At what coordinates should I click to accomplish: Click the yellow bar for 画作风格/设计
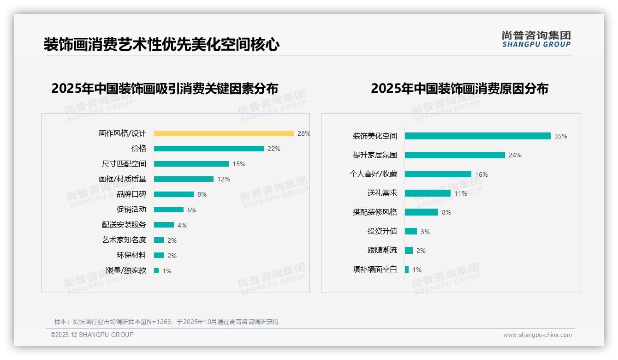pos(224,133)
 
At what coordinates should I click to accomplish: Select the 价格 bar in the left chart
pos(208,149)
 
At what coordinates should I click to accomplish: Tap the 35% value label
pos(561,136)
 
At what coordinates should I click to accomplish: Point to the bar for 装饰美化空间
pos(477,136)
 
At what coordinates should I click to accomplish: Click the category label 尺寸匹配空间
pos(124,164)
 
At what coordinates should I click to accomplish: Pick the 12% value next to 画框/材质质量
pos(224,179)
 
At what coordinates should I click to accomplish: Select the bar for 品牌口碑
pos(174,194)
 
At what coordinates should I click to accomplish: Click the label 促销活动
pos(131,210)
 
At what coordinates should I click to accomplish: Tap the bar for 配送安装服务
pos(164,225)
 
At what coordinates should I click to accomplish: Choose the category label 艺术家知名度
pos(124,240)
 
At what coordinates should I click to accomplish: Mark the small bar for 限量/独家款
pos(156,270)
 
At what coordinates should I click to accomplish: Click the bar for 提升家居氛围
pos(455,155)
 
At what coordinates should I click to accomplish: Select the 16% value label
pos(481,174)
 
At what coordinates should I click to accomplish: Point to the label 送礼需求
pos(382,193)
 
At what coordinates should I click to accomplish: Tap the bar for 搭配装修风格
pos(422,212)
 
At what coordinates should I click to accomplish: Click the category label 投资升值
pos(382,231)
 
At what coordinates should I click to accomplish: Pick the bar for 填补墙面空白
pos(407,270)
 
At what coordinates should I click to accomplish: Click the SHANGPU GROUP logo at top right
pos(536,39)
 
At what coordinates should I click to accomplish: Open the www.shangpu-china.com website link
pos(537,335)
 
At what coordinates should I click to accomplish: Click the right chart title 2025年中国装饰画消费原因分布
pos(459,89)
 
